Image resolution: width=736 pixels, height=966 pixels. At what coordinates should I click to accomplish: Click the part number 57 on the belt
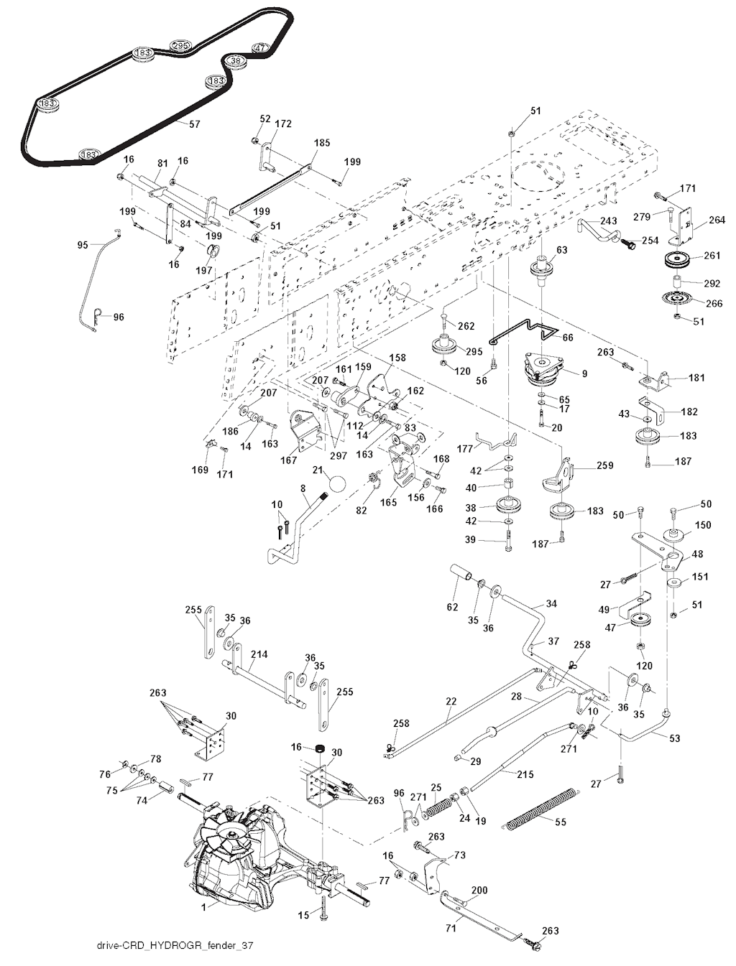194,124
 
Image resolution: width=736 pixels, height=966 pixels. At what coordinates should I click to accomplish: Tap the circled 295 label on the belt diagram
180,45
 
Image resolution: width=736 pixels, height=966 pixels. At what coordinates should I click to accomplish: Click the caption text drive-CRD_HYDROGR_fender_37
175,946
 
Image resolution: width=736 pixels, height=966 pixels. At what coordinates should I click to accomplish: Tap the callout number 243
608,220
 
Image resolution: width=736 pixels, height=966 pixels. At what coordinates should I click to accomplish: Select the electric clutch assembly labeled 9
543,371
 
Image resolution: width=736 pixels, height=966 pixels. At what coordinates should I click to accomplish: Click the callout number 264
717,220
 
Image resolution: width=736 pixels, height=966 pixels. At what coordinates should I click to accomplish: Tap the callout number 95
83,245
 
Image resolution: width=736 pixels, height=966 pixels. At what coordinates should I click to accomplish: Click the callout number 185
321,143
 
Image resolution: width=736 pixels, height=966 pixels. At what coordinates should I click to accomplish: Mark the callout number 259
604,465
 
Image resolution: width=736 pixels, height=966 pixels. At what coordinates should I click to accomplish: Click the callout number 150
703,525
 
